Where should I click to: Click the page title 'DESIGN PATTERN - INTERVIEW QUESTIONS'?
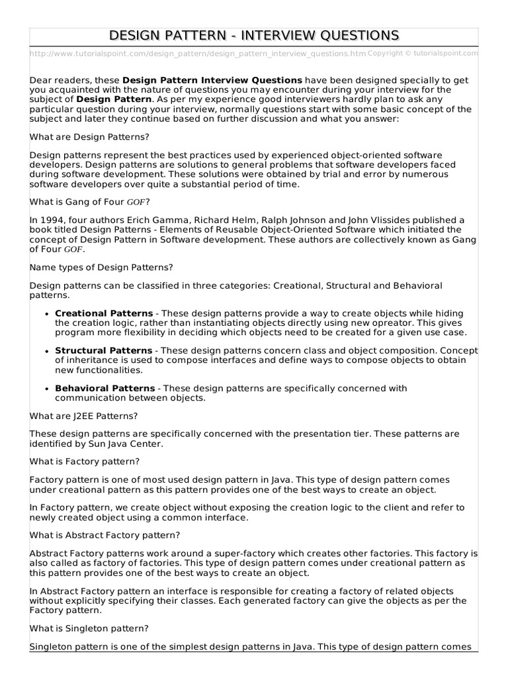coord(254,35)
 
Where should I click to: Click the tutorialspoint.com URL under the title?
coord(198,53)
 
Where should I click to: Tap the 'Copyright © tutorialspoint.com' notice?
coord(422,53)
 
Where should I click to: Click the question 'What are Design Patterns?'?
coord(89,136)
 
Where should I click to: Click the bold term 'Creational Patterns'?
coord(104,313)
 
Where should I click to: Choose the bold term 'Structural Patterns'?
coord(103,350)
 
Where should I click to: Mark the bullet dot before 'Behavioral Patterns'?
coord(47,389)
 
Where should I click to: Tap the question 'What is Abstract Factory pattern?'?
coord(105,534)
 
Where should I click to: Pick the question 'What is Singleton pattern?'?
coord(89,628)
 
